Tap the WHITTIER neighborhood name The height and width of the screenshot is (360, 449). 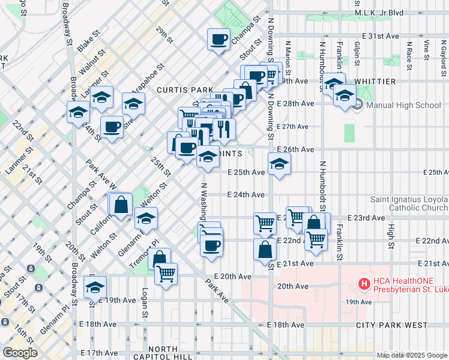coord(375,81)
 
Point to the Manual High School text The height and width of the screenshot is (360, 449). coord(403,105)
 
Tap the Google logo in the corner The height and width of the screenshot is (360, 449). coord(20,352)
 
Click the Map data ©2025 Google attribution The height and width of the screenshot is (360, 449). coord(411,355)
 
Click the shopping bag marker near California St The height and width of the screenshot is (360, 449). coord(121,204)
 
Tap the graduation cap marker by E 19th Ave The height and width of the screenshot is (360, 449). coord(95,287)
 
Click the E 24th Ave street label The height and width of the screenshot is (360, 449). coord(246,194)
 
